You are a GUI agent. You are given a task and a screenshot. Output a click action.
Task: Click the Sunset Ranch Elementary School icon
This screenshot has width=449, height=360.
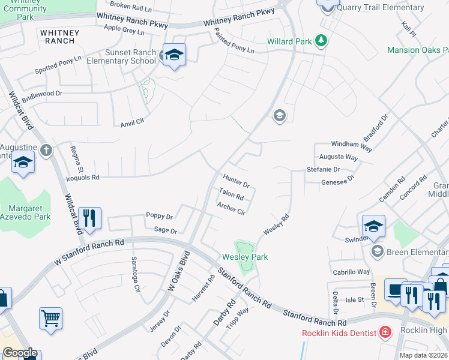click(x=174, y=55)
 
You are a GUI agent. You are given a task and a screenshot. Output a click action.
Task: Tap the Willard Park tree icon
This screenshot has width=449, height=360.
click(x=322, y=41)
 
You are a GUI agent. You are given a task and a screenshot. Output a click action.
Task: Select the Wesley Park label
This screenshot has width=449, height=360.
click(x=245, y=257)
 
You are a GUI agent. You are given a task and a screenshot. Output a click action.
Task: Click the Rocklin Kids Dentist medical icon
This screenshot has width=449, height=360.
click(x=384, y=332)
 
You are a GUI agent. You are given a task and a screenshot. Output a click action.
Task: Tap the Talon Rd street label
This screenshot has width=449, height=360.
click(x=231, y=194)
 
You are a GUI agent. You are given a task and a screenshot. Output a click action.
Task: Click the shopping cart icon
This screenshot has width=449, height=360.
click(x=50, y=318)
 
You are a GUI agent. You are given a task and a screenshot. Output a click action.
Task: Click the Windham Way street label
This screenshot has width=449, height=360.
click(x=352, y=145)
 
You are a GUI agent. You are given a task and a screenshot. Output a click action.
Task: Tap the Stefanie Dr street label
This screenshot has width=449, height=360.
click(x=324, y=170)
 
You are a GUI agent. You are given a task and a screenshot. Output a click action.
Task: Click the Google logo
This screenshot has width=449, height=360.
click(x=20, y=353)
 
